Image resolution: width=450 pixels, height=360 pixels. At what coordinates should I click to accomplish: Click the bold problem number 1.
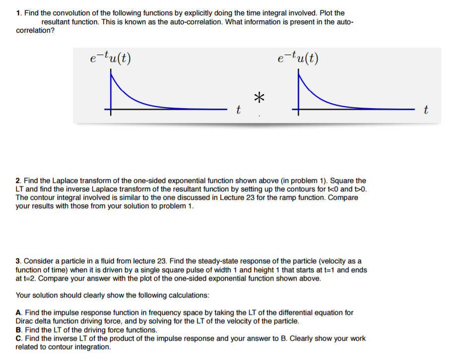[18, 13]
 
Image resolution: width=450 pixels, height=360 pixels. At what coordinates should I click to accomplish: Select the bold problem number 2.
[18, 181]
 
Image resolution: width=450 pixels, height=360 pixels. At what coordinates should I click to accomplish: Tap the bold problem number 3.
[18, 261]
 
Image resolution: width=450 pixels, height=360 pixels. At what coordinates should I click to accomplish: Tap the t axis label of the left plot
[239, 110]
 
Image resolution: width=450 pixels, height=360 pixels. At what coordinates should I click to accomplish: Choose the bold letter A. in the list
[18, 312]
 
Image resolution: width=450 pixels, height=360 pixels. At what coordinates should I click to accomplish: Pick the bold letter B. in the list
[18, 330]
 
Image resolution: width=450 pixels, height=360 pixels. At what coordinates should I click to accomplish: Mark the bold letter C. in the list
[18, 339]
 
